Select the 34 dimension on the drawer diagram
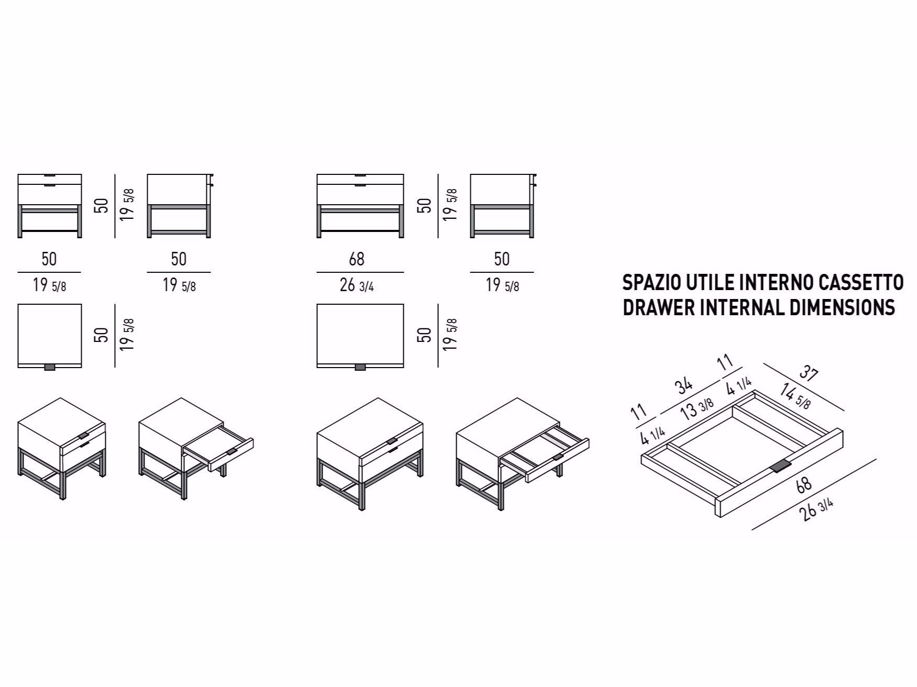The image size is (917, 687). tap(684, 386)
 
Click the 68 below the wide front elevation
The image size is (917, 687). tap(357, 259)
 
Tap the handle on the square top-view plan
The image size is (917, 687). tap(50, 367)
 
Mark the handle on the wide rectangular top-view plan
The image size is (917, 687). tap(360, 367)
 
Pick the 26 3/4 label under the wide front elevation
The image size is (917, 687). tap(357, 286)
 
